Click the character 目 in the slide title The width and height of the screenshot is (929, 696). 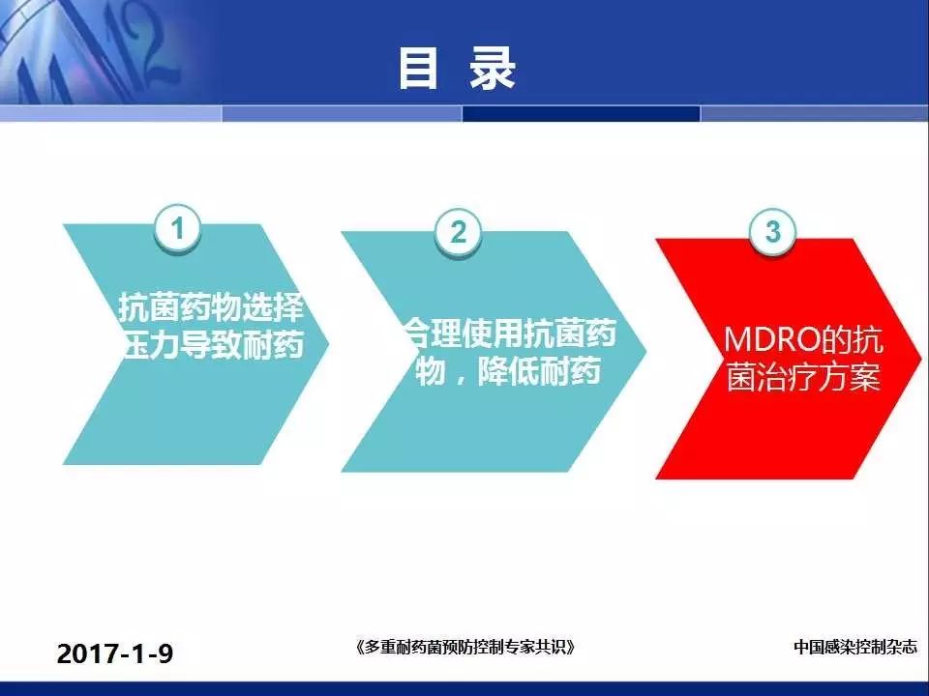[419, 69]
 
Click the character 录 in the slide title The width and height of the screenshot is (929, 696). [493, 69]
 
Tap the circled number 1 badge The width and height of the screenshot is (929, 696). [178, 228]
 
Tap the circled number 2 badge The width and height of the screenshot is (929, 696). [458, 232]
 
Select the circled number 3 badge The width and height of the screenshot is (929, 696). [772, 231]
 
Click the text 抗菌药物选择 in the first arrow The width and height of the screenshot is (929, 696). [212, 306]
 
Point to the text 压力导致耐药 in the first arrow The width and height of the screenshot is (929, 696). [213, 344]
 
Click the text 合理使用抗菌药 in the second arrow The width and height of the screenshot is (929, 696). [510, 333]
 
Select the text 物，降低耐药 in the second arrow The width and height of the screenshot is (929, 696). [508, 371]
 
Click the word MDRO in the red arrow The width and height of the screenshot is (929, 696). [771, 339]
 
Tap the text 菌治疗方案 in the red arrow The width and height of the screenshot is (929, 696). [803, 377]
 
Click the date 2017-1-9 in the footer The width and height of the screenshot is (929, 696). [115, 654]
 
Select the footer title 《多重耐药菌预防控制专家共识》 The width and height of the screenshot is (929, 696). [465, 647]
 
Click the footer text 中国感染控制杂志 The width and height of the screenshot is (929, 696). [854, 647]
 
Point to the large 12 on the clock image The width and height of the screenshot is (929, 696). [142, 47]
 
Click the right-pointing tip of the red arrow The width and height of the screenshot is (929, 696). [921, 358]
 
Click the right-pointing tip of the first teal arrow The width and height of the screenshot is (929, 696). [328, 343]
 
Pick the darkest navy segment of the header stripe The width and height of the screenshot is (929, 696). [582, 113]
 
